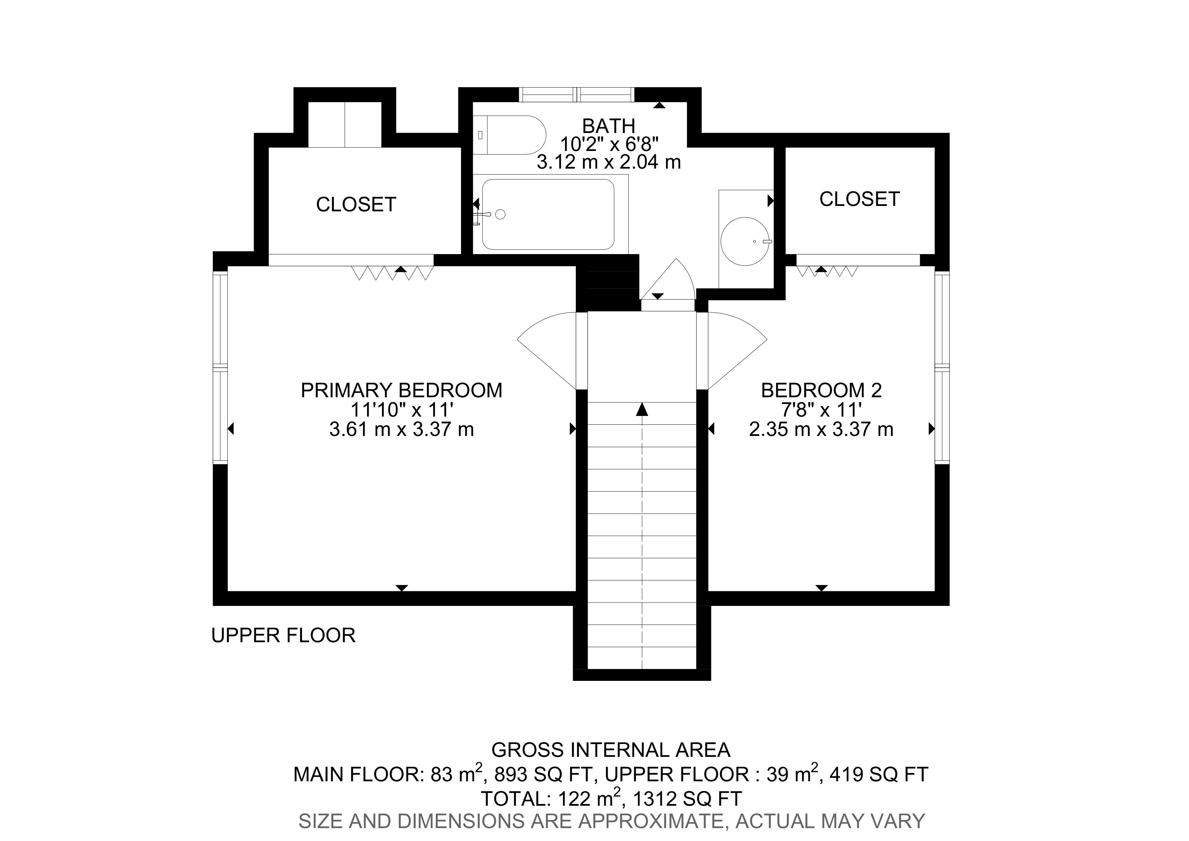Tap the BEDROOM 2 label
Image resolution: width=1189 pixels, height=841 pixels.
(x=821, y=390)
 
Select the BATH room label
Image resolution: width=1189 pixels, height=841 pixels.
(x=608, y=126)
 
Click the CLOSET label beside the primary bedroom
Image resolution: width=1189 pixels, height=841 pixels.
(x=356, y=205)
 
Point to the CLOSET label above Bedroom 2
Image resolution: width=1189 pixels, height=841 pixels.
(x=860, y=199)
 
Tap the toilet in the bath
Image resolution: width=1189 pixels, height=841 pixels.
(x=510, y=135)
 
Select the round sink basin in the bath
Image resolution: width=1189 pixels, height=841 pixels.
(x=745, y=242)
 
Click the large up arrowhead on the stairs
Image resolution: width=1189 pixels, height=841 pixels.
(x=642, y=409)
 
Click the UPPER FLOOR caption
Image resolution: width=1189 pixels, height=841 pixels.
(x=283, y=635)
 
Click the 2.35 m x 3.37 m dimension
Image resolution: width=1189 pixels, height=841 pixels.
(x=821, y=429)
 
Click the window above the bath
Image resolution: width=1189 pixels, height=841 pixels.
(x=577, y=95)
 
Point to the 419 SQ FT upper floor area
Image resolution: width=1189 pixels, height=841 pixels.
(x=879, y=774)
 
